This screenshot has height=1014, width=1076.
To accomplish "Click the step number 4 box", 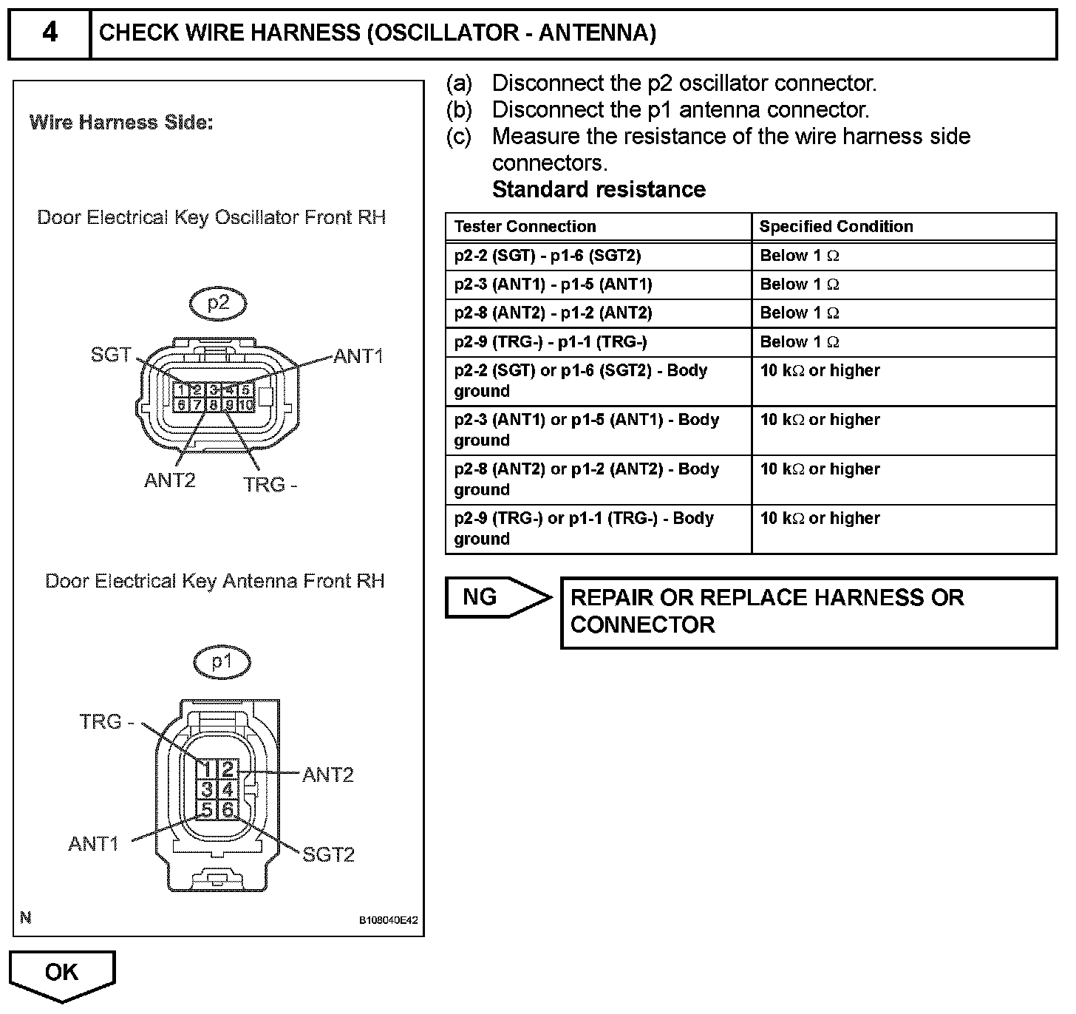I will coord(49,33).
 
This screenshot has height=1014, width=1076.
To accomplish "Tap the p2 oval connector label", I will coord(218,303).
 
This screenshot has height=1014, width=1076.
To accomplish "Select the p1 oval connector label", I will coord(222,661).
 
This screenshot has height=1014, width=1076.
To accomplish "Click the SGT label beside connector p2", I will coord(111,355).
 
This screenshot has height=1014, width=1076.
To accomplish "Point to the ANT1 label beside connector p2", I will coord(358,356).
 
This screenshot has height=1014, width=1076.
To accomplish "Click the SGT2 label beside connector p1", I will coord(329,854).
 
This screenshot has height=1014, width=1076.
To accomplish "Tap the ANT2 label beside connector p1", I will coord(328,775).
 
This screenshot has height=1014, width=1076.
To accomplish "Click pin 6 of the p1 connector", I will coord(228,810).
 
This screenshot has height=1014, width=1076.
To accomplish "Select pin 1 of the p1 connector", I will coord(207,770).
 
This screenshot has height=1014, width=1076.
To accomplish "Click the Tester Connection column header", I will coord(525,227).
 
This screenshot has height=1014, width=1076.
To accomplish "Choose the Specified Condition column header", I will coord(836,227).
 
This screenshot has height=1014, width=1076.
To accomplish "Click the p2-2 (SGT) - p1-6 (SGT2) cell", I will coord(548,256).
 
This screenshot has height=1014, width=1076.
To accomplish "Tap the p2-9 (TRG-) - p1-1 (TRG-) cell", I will coord(551,342).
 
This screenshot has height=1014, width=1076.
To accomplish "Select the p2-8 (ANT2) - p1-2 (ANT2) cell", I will coord(553,313).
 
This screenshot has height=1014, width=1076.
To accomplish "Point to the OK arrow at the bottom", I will coord(62,974).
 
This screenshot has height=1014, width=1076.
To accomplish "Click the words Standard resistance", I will coord(599,190).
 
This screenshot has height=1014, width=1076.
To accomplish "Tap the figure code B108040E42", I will coord(388,921).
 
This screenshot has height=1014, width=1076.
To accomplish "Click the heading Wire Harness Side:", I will coord(121,123).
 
